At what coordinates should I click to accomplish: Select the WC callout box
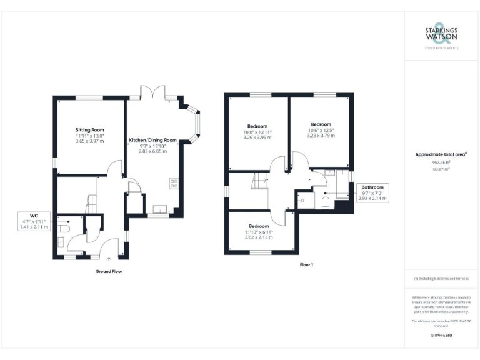[x=34, y=221]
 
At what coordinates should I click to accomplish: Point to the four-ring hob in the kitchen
[x=174, y=184]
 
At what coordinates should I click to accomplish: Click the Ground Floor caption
[x=109, y=272]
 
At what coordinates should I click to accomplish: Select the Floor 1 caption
[x=306, y=265]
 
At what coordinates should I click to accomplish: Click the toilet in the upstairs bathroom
[x=326, y=203]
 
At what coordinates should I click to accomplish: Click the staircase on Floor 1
[x=259, y=182]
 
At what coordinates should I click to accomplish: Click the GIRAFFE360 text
[x=441, y=336]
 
